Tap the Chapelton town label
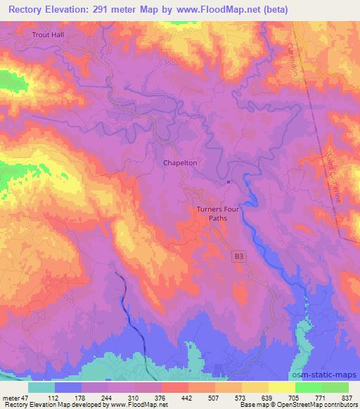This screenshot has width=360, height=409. (180, 162)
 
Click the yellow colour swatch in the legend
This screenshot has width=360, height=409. (281, 387)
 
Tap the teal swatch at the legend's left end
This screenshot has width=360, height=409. (41, 387)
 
